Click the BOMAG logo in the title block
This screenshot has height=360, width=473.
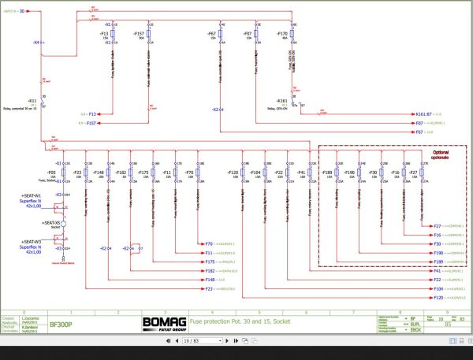[x=162, y=322]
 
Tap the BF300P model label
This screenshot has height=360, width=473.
[x=61, y=323]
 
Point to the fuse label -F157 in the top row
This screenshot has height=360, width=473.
[x=137, y=35]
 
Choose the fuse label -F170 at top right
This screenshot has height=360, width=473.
[x=281, y=35]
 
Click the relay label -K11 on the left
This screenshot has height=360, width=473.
[x=32, y=102]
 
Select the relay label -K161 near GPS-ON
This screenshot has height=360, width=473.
[x=281, y=101]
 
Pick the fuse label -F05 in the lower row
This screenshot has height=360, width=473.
[x=50, y=171]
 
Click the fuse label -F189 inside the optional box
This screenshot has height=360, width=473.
[x=327, y=171]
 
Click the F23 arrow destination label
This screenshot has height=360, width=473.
[x=209, y=289]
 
